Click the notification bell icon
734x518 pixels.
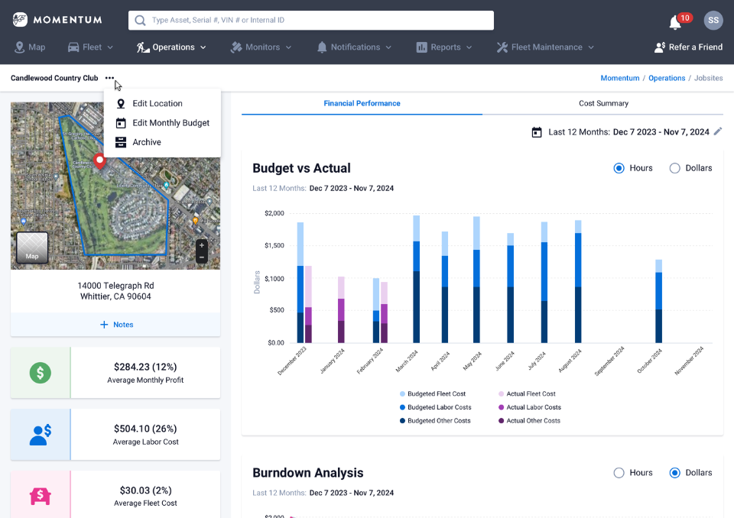pyautogui.click(x=675, y=22)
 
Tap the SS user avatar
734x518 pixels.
pyautogui.click(x=713, y=21)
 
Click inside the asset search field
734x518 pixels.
pyautogui.click(x=310, y=20)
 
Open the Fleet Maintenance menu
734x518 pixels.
pyautogui.click(x=544, y=47)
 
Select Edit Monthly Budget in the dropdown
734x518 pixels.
pyautogui.click(x=171, y=123)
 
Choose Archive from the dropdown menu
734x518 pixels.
pyautogui.click(x=146, y=142)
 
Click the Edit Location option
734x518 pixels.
pyautogui.click(x=157, y=103)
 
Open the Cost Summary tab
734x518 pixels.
pyautogui.click(x=603, y=103)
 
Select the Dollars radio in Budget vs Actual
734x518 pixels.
pyautogui.click(x=675, y=168)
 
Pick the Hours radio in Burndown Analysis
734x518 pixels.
pyautogui.click(x=619, y=473)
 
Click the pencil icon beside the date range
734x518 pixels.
pyautogui.click(x=717, y=131)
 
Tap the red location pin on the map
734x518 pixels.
pyautogui.click(x=99, y=161)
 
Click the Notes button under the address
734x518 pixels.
pyautogui.click(x=115, y=325)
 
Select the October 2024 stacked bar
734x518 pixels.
pyautogui.click(x=658, y=302)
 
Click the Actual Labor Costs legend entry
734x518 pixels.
pyautogui.click(x=533, y=407)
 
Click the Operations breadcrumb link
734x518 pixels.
pyautogui.click(x=666, y=78)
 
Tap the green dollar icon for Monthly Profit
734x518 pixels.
pyautogui.click(x=41, y=373)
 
